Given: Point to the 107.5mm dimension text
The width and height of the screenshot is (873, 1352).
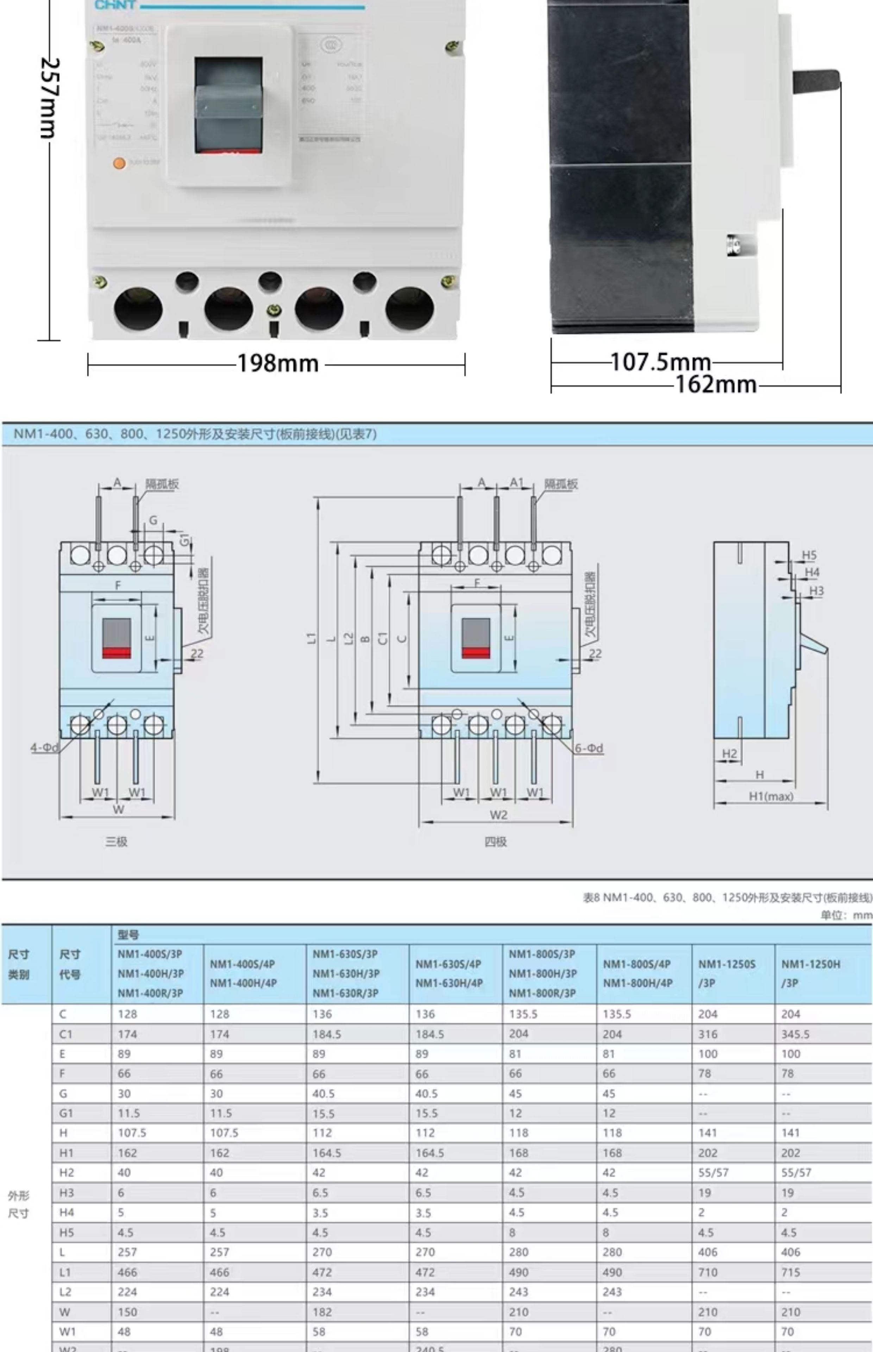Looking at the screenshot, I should (x=660, y=362).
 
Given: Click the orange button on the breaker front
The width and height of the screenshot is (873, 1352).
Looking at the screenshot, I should (x=119, y=163).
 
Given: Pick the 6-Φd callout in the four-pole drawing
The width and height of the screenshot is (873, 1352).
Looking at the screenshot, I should (x=589, y=748).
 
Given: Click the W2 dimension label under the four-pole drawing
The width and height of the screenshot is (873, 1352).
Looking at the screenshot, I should (x=498, y=815).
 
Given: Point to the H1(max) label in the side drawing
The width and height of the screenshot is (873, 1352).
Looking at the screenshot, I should (x=771, y=796).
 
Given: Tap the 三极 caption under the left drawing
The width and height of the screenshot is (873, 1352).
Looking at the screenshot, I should (x=116, y=841).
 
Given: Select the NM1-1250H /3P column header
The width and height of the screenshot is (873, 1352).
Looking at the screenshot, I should (x=811, y=973).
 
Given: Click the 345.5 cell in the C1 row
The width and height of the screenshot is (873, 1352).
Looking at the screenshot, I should (x=795, y=1034).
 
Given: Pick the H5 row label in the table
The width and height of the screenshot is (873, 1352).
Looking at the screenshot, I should (x=66, y=1232).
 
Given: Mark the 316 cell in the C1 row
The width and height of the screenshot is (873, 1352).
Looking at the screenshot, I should (x=708, y=1034).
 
